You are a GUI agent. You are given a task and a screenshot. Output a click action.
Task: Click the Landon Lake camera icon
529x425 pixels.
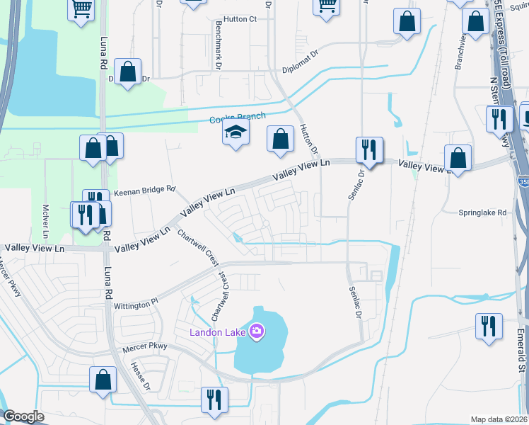[256, 331]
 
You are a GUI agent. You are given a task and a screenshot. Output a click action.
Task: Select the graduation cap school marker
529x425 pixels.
[236, 132]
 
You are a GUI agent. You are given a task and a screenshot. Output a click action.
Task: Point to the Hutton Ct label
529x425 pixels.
[239, 19]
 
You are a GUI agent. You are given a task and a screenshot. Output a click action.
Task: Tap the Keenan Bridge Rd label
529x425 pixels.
[144, 189]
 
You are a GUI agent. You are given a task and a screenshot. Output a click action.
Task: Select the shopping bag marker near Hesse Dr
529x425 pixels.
[103, 379]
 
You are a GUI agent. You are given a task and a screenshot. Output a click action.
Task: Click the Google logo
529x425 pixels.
[24, 416]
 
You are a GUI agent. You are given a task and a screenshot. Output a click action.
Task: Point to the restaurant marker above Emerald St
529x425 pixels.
[489, 327]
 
